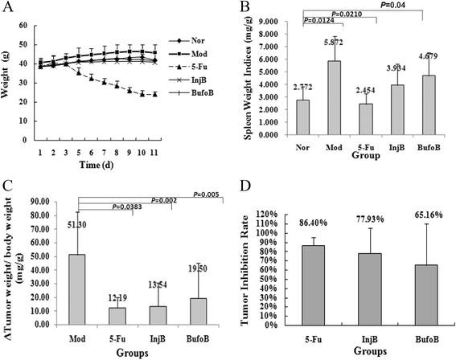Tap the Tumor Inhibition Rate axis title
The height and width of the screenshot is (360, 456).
249,269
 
